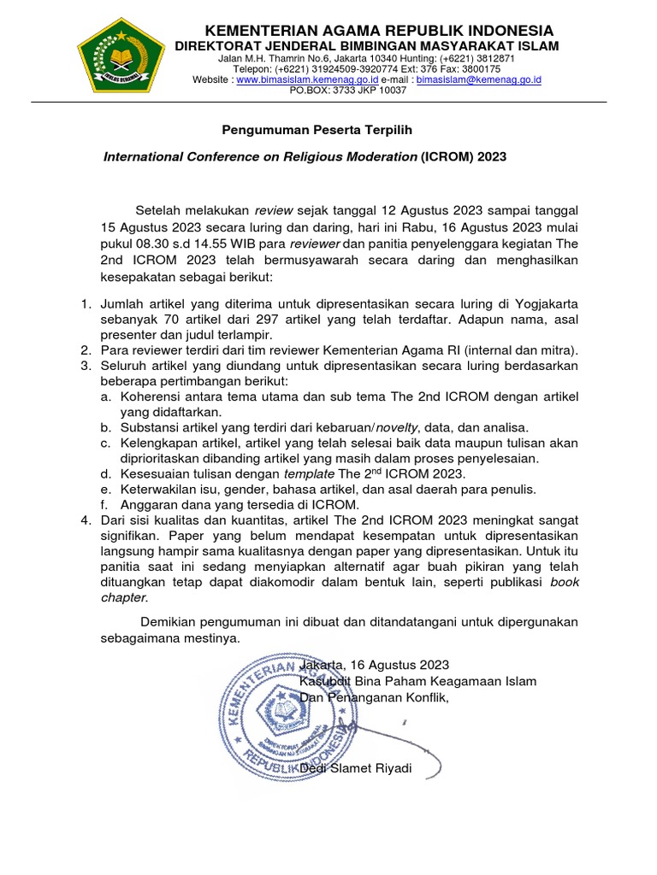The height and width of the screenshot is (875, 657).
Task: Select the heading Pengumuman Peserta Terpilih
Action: point(305,130)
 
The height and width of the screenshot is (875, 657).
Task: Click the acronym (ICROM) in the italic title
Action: point(447,157)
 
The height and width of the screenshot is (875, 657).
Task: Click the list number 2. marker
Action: point(86,349)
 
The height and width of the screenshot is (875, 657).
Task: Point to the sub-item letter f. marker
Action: point(104,504)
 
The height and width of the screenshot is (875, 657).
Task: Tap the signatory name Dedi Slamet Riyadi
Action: point(356,768)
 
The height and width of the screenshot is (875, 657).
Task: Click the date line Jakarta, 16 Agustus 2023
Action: point(374,664)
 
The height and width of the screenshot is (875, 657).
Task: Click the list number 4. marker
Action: point(86,520)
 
